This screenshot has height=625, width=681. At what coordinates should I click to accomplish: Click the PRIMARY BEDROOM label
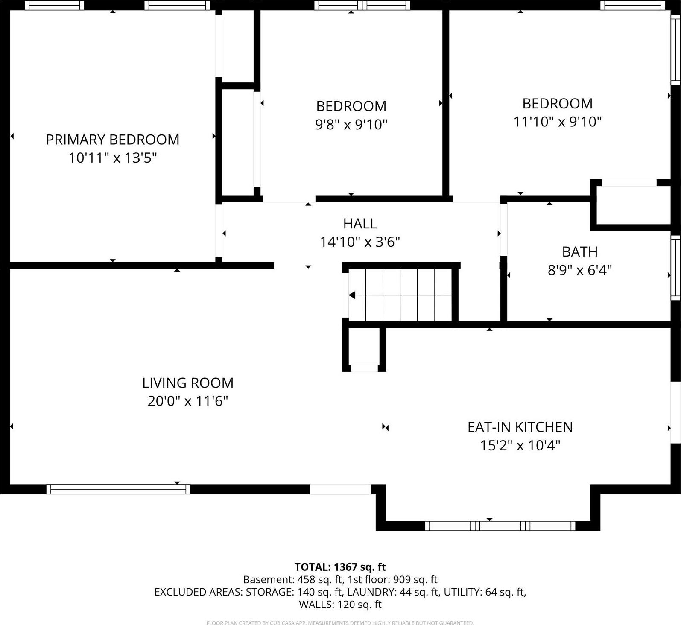click(x=112, y=140)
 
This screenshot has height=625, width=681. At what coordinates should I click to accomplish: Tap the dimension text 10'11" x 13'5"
click(x=113, y=158)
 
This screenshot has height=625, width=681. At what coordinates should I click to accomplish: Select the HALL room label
click(x=360, y=224)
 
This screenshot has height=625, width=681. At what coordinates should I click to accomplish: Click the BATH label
click(x=579, y=252)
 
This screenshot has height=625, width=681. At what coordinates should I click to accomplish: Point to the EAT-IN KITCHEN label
click(x=520, y=427)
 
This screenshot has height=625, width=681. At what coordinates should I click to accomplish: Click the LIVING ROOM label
click(x=188, y=383)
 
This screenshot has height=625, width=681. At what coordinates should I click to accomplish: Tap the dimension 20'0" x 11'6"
click(x=188, y=401)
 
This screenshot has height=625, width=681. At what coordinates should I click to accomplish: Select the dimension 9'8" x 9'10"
click(x=351, y=125)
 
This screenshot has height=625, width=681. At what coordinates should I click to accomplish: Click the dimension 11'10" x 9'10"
click(x=557, y=122)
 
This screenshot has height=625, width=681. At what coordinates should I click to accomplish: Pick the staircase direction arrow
click(x=353, y=295)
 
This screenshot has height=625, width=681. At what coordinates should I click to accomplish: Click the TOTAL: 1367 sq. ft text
click(x=340, y=567)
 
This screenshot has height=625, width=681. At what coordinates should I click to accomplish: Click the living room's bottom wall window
click(x=118, y=489)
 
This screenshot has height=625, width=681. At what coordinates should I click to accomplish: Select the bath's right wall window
click(x=675, y=267)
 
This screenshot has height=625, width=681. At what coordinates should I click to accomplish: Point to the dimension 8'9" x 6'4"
click(x=579, y=270)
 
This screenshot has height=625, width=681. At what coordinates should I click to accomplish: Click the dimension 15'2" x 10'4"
click(x=520, y=446)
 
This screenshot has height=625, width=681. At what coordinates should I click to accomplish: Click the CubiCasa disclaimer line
click(x=340, y=623)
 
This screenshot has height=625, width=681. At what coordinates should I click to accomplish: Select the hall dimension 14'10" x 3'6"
click(x=360, y=242)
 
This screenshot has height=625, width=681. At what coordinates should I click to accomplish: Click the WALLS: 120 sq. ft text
click(x=340, y=605)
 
